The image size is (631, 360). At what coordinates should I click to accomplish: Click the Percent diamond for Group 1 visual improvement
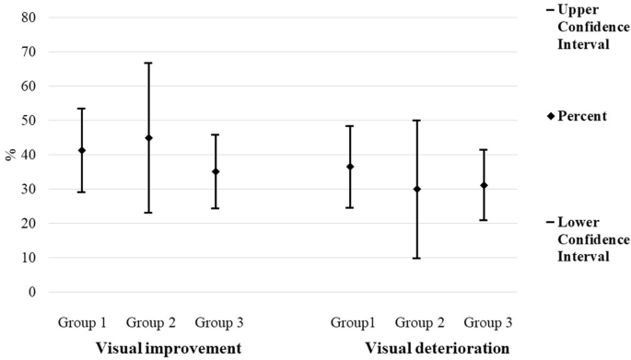(x=81, y=150)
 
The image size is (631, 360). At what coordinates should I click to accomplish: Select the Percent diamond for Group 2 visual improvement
(x=148, y=138)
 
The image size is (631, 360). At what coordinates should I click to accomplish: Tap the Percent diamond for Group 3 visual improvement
(x=216, y=171)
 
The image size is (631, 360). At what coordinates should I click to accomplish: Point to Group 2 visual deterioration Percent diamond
(x=416, y=189)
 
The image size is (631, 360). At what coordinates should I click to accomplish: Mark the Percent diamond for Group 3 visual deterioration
(x=484, y=185)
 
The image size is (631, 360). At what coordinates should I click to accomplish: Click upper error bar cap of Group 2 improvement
(x=148, y=64)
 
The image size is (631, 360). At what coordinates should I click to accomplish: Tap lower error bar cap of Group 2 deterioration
(x=416, y=258)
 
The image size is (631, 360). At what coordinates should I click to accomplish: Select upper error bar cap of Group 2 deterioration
(x=416, y=121)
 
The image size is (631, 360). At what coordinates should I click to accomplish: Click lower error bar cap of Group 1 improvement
(x=81, y=192)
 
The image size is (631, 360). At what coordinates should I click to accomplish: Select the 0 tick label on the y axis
(x=32, y=292)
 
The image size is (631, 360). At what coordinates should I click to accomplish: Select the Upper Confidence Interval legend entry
(x=580, y=26)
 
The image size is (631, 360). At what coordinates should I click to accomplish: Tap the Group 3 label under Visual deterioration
(x=487, y=322)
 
